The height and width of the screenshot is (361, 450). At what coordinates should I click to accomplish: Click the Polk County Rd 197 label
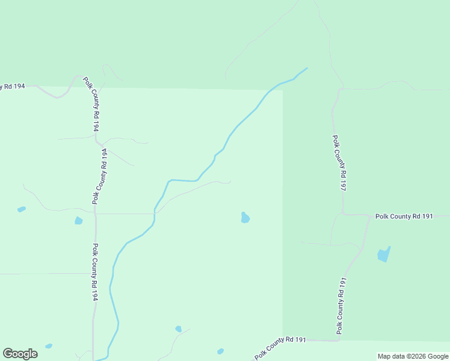click(x=339, y=162)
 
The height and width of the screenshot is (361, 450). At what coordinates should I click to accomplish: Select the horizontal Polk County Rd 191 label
click(x=404, y=216)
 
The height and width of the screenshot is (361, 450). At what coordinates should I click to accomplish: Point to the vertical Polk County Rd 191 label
click(x=342, y=306)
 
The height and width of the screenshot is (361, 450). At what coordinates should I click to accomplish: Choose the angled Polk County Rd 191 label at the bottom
click(x=280, y=347)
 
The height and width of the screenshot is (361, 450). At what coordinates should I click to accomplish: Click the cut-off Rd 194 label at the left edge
click(x=12, y=87)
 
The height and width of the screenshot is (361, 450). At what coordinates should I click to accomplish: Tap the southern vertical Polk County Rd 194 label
click(x=95, y=272)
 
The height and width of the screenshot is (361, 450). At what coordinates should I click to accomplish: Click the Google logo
click(x=20, y=354)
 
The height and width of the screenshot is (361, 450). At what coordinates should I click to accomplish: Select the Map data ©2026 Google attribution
click(x=413, y=356)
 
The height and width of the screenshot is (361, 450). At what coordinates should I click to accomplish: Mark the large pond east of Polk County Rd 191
click(x=383, y=255)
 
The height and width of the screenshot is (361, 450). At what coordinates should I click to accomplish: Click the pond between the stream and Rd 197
click(x=245, y=218)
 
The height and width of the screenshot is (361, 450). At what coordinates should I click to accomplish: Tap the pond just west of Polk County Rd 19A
click(x=78, y=221)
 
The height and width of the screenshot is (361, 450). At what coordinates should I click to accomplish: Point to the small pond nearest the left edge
click(x=22, y=209)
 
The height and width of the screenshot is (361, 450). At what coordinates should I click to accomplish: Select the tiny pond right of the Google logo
click(x=49, y=346)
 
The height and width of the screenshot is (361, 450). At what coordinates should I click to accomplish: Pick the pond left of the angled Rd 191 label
click(x=220, y=351)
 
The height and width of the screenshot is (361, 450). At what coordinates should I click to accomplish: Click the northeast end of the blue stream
click(x=307, y=69)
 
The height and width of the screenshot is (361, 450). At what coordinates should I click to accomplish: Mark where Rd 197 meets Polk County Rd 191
click(x=342, y=214)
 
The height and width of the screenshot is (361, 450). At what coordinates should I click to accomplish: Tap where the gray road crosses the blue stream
click(x=155, y=211)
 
